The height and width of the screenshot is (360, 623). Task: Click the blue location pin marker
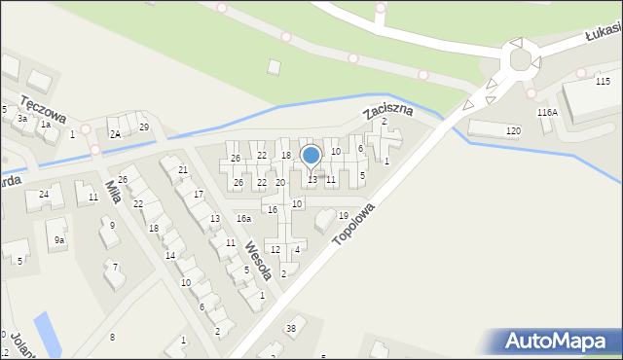311,156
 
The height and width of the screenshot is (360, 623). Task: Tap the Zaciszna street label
388,111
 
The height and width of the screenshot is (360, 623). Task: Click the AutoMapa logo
560,341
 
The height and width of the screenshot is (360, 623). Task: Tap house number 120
513,130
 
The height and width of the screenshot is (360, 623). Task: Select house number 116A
547,113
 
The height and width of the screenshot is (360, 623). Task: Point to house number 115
603,81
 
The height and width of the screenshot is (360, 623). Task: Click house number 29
144,127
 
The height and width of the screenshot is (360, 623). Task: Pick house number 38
290,328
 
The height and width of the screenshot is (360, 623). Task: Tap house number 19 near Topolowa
343,215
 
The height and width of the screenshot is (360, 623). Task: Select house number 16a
243,219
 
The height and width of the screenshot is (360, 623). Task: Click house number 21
183,170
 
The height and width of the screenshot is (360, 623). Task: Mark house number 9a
59,239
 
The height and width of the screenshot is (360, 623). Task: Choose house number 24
44,195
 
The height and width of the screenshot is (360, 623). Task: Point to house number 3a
21,118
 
